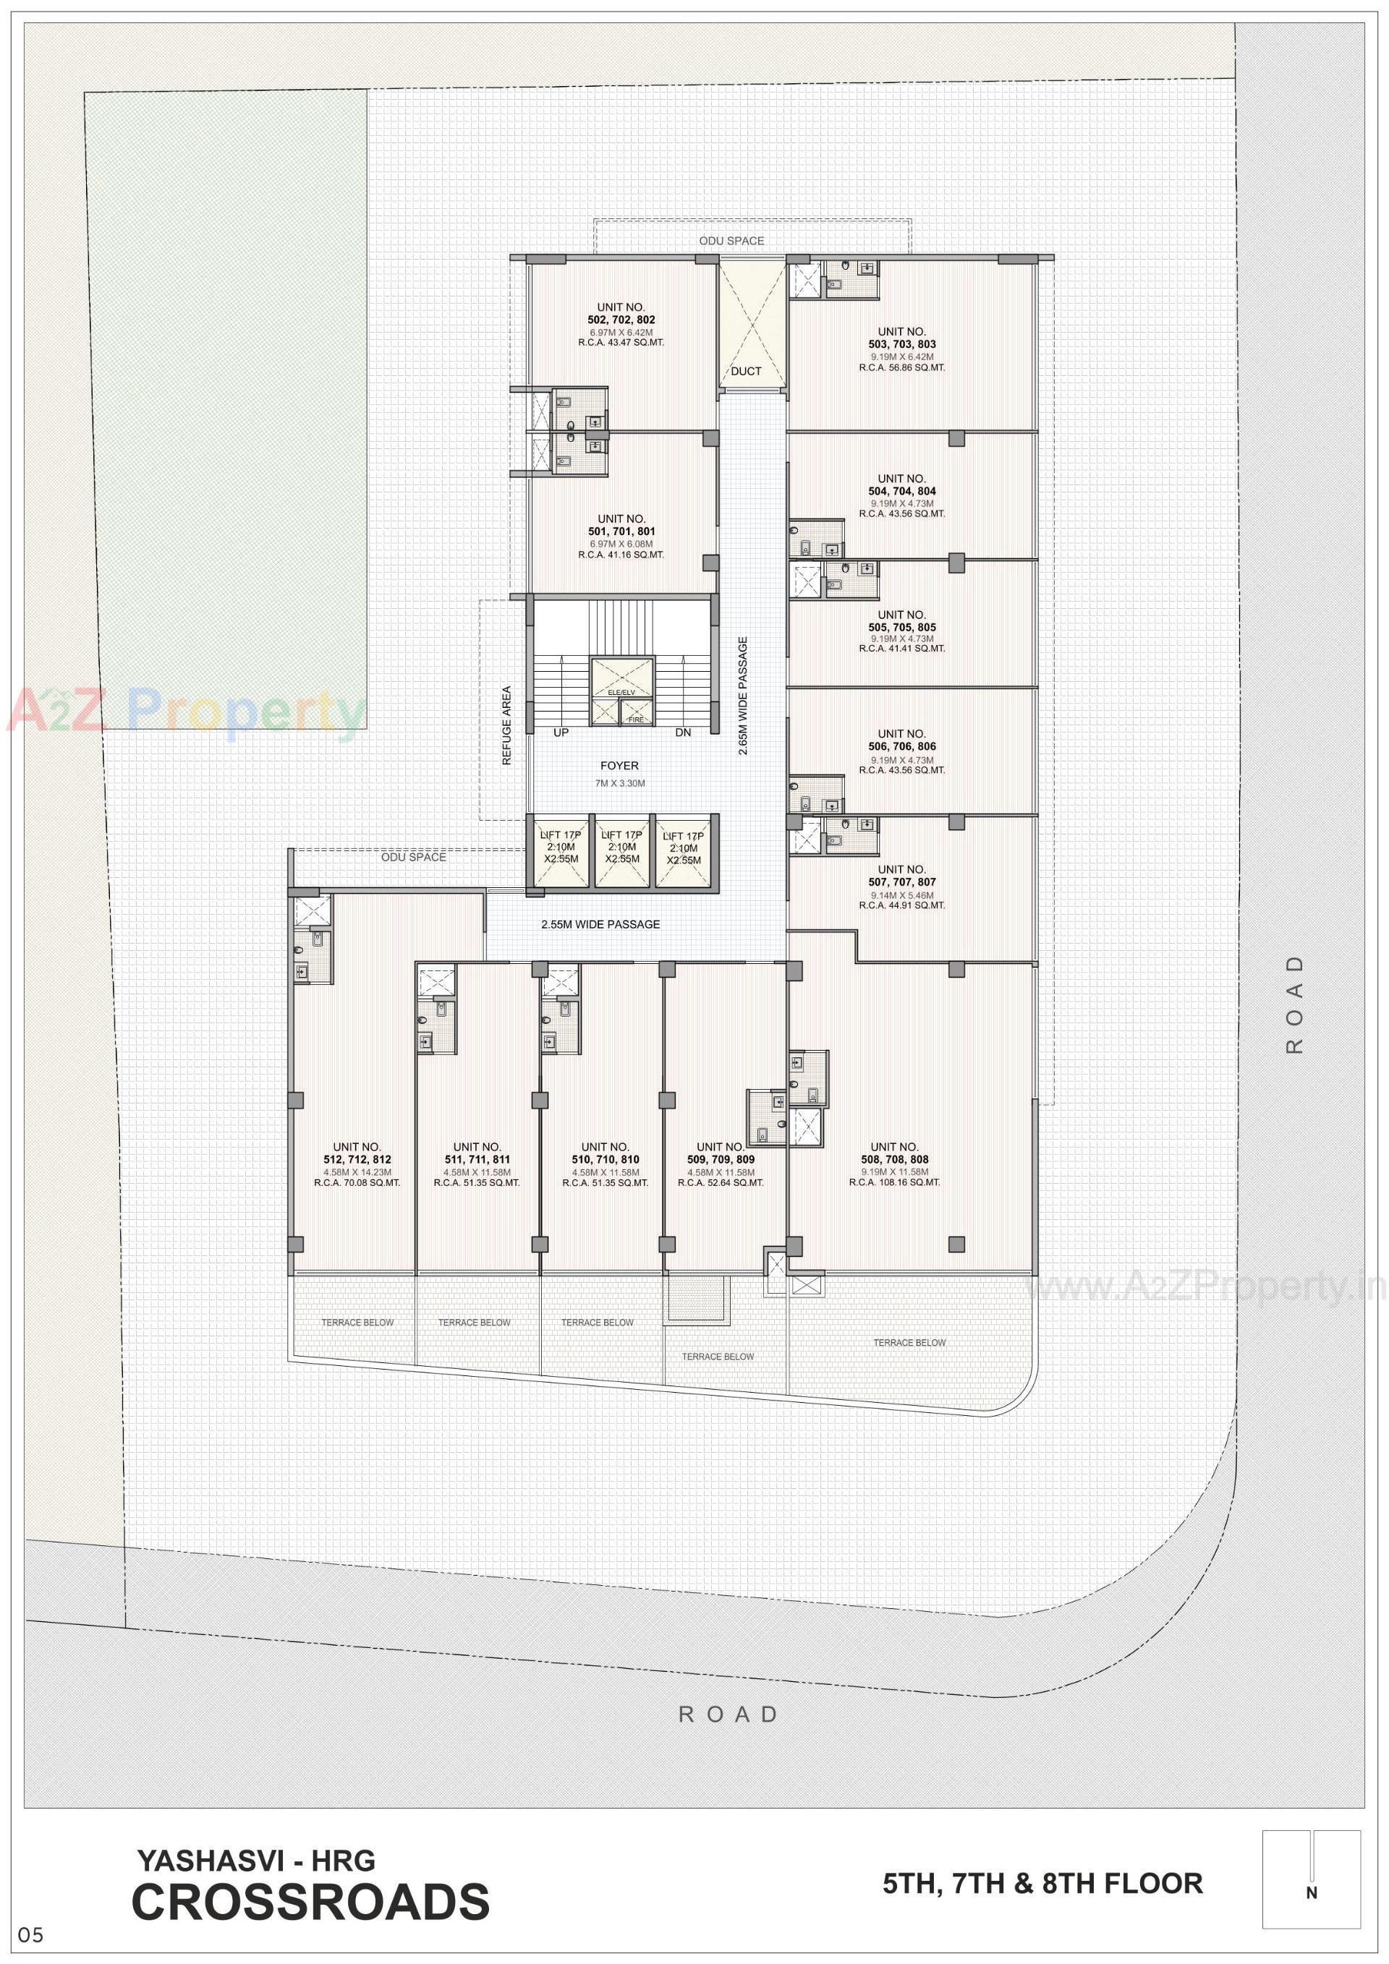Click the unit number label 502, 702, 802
(x=621, y=320)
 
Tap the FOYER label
(x=619, y=767)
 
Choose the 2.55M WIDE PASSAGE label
(x=600, y=925)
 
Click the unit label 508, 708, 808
(x=894, y=1160)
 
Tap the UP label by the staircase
(x=561, y=733)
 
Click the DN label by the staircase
(x=683, y=733)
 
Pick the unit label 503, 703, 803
(x=902, y=345)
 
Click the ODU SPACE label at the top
(x=731, y=242)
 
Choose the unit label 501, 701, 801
(x=621, y=531)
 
